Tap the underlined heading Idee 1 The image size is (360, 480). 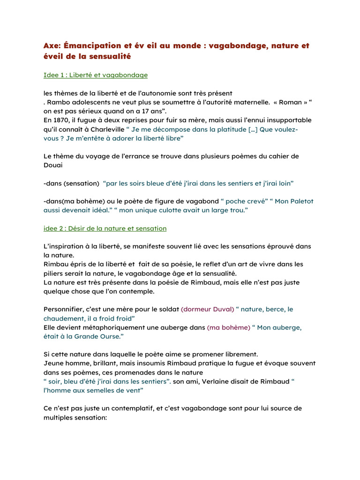point(96,75)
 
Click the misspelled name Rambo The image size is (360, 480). point(58,102)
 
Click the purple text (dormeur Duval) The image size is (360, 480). point(208,309)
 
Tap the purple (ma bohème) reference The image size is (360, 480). point(229,328)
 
